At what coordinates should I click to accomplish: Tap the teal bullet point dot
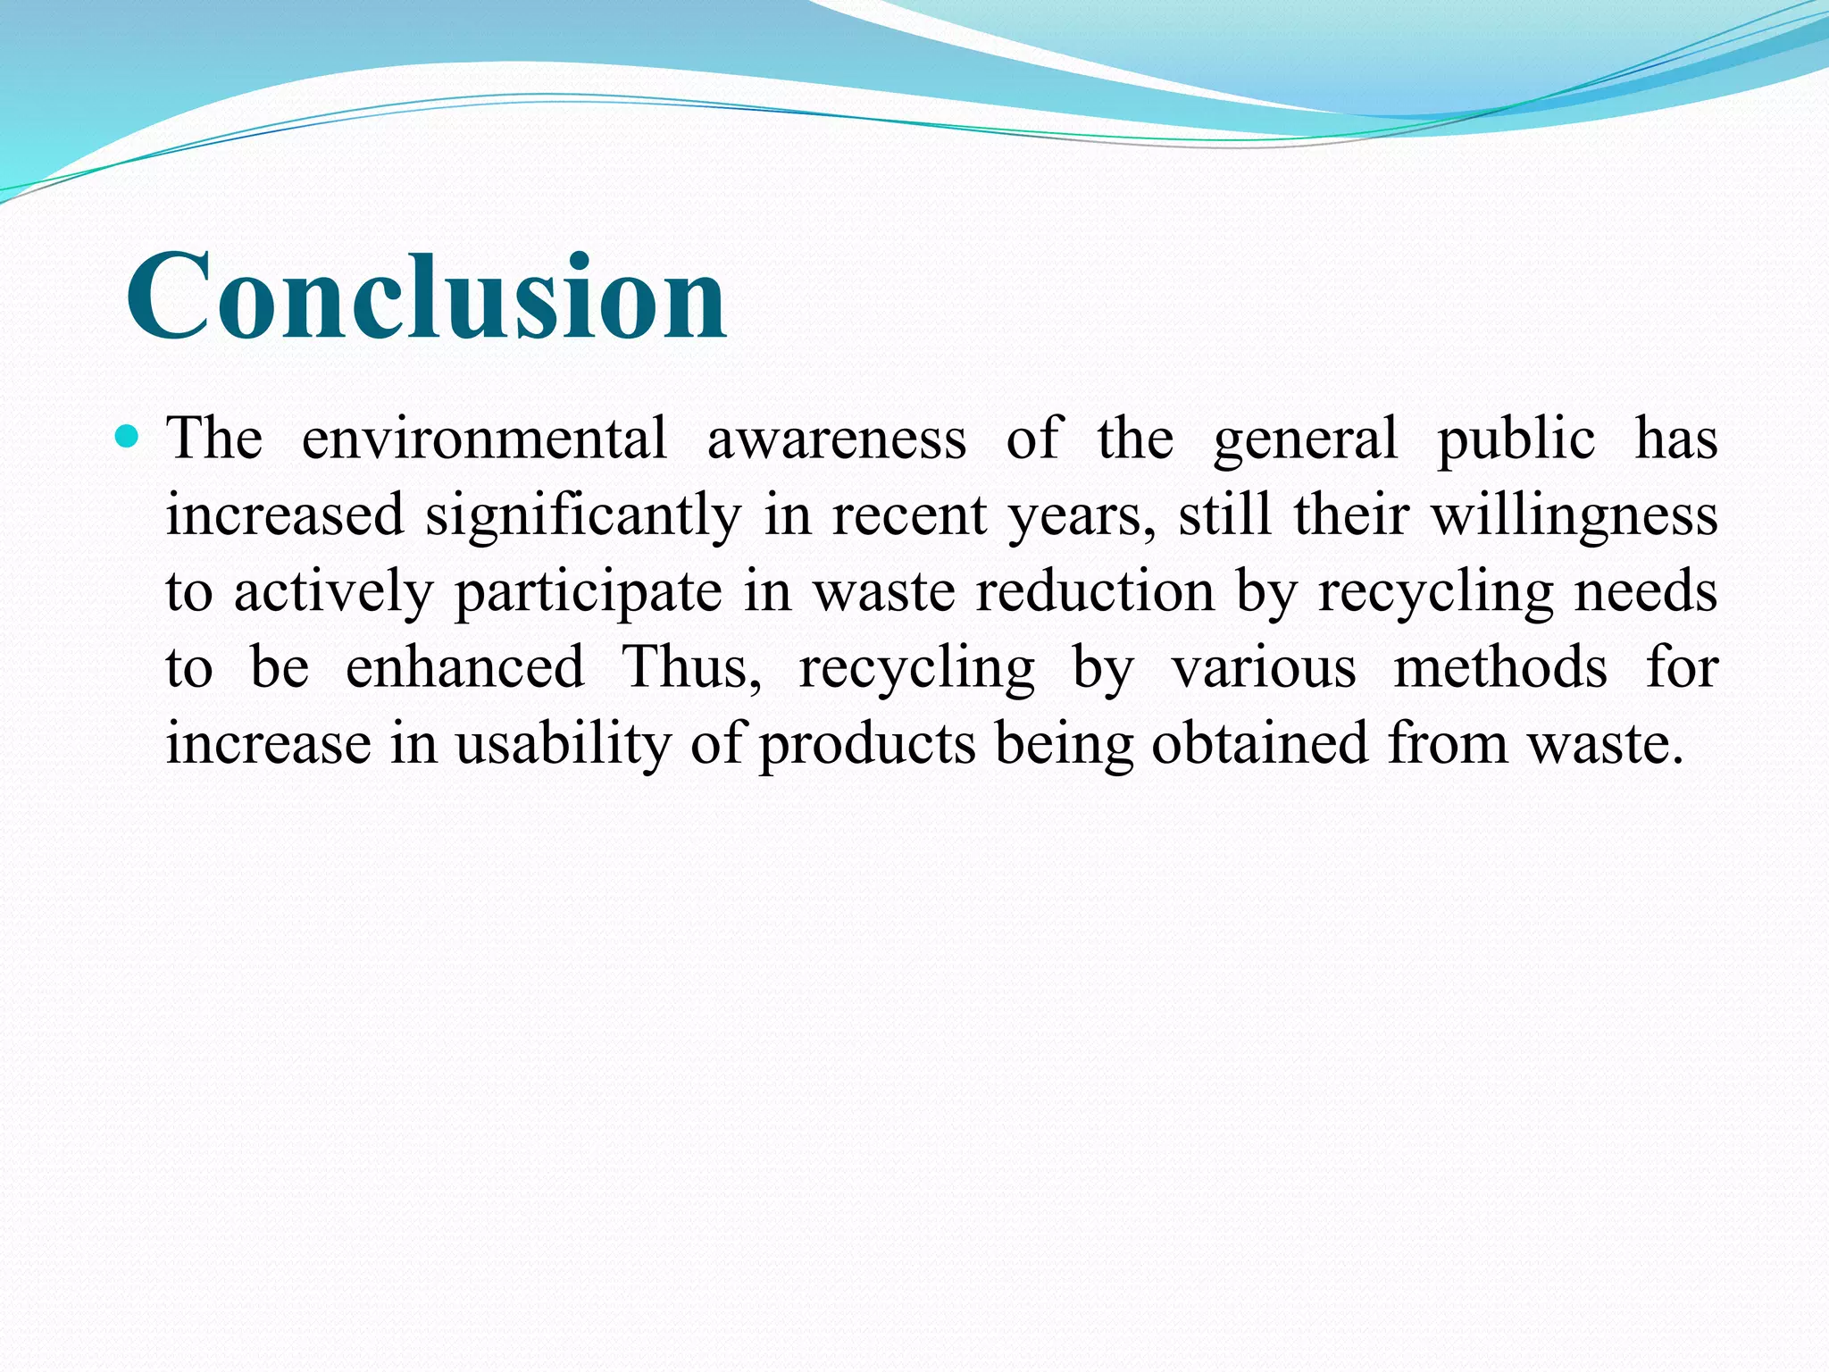[129, 437]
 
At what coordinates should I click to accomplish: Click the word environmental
[484, 439]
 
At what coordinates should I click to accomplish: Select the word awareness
[836, 439]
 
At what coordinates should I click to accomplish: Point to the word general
[1305, 440]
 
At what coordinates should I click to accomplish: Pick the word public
[1516, 440]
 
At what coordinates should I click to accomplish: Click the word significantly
[583, 516]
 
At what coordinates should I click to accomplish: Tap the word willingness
[1574, 516]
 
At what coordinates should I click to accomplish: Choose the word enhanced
[464, 667]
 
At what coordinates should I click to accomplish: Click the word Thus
[690, 667]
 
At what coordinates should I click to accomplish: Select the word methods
[1500, 667]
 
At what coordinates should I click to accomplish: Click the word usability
[563, 744]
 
